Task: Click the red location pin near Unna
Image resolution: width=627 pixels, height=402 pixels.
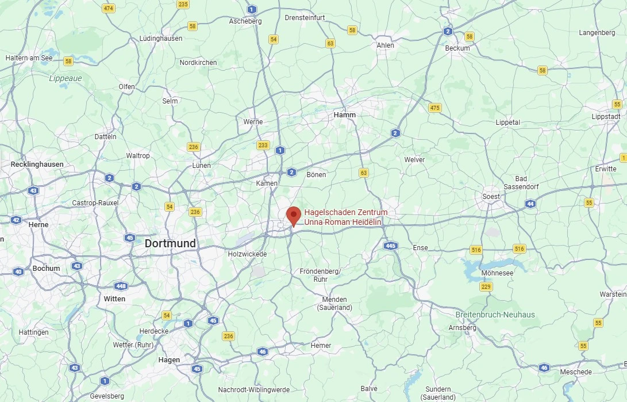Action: click(x=294, y=216)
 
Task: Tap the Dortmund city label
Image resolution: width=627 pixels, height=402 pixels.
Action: click(x=170, y=243)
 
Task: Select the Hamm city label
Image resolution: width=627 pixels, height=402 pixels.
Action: click(x=345, y=114)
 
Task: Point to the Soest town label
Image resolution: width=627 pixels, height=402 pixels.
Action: click(x=491, y=196)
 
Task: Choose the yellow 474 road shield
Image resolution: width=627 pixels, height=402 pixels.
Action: click(x=108, y=8)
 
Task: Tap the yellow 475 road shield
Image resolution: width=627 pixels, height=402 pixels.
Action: click(x=435, y=108)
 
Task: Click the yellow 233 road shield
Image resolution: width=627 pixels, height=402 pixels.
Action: click(x=263, y=145)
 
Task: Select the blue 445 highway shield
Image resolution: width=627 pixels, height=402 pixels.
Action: click(x=391, y=246)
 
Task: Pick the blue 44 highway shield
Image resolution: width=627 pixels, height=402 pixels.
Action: click(x=530, y=204)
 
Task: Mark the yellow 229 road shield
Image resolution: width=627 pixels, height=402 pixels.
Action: click(x=486, y=287)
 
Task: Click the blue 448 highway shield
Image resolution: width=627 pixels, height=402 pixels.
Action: click(x=121, y=286)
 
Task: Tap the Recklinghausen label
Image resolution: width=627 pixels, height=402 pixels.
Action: click(x=37, y=164)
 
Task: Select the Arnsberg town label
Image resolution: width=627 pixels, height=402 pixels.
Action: click(x=462, y=327)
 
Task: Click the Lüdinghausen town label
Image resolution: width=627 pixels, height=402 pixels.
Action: click(x=161, y=39)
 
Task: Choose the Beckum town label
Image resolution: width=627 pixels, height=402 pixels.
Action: click(x=457, y=48)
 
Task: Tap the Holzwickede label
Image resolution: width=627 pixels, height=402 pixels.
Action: click(x=247, y=254)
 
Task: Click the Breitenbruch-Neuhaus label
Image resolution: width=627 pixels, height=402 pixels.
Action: click(x=495, y=315)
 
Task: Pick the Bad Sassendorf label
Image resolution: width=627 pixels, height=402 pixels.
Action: click(x=521, y=183)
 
